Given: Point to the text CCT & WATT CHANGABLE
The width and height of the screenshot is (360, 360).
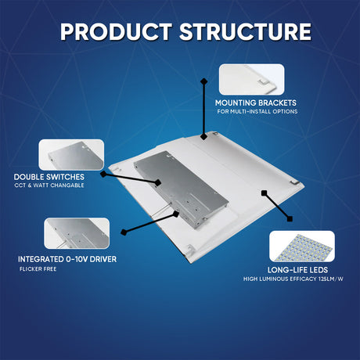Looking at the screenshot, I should [48, 185].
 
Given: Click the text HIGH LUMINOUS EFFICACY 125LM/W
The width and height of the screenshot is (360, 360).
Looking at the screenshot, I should [293, 279].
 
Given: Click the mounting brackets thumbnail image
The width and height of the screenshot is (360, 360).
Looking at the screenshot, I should [251, 78].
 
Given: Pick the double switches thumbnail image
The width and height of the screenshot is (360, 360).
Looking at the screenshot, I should [71, 154].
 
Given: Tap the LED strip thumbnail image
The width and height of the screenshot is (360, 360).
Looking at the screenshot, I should [301, 246].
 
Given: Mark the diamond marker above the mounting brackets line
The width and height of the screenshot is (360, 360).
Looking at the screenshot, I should [203, 81].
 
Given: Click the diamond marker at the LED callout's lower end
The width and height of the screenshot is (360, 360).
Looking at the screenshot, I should [290, 218].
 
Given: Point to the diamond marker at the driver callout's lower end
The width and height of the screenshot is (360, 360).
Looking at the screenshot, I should [124, 232].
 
